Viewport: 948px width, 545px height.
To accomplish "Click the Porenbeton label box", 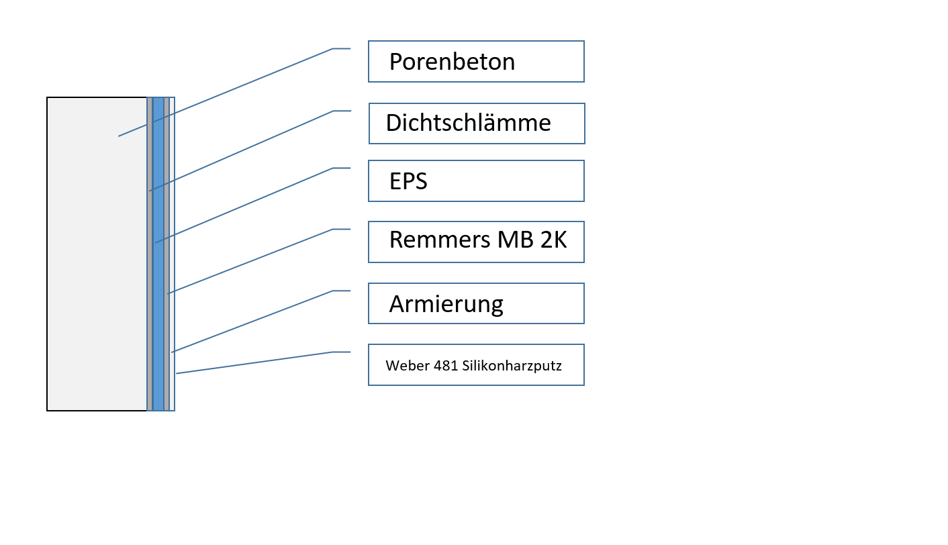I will click(476, 62).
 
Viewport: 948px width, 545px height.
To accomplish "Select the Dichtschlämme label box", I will click(477, 123).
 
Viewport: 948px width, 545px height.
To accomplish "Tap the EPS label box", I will click(476, 181).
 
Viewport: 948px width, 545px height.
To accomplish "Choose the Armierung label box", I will click(476, 304).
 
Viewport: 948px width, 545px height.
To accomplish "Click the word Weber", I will click(405, 366).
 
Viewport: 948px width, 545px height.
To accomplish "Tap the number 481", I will click(444, 366).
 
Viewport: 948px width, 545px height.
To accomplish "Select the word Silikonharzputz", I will click(512, 366).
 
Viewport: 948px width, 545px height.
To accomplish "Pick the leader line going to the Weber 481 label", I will click(255, 362).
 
